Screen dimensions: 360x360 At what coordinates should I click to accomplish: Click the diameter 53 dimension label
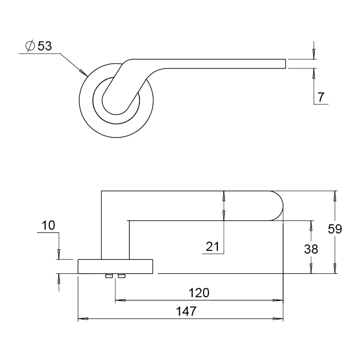click(x=39, y=46)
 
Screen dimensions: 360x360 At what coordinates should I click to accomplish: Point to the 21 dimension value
click(x=212, y=247)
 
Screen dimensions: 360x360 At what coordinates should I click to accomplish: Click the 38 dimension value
click(x=311, y=249)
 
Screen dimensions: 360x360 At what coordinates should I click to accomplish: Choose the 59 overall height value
click(x=334, y=229)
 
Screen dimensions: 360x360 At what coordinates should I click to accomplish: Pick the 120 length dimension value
click(x=199, y=293)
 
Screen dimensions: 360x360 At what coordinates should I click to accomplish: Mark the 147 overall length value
click(x=186, y=311)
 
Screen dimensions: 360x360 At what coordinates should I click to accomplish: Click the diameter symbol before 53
click(x=30, y=46)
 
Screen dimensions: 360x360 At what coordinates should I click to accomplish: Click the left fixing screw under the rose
click(x=108, y=276)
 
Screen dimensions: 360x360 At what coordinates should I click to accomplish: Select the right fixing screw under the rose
click(x=122, y=276)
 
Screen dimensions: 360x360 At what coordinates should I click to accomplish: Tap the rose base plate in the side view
click(x=116, y=266)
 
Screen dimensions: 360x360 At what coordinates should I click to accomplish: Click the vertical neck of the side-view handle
click(x=115, y=238)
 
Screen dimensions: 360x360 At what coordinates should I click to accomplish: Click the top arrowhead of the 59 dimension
click(x=335, y=196)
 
